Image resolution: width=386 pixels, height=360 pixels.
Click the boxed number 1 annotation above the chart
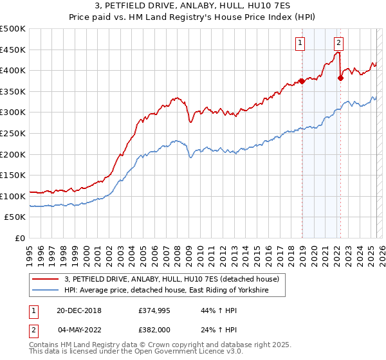click(300, 43)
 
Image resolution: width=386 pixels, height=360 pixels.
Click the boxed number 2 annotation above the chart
click(338, 43)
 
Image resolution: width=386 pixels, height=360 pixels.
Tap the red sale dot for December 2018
click(302, 81)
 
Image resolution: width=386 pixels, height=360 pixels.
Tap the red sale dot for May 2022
click(340, 78)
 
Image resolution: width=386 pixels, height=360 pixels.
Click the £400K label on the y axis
click(13, 70)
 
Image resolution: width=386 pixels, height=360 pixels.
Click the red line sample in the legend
click(45, 279)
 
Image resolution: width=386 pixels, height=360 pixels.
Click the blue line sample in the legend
click(45, 291)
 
